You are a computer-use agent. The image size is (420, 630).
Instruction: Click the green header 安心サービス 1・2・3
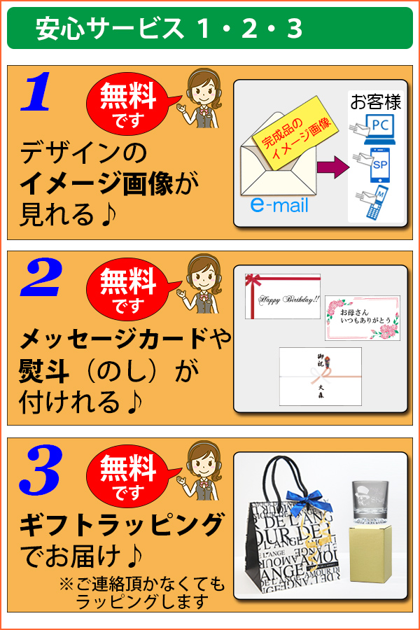[x=210, y=28]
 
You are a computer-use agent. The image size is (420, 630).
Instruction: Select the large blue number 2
[x=42, y=279]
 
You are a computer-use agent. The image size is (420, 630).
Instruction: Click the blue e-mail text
[x=279, y=206]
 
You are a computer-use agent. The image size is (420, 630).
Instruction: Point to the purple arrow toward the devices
[x=332, y=167]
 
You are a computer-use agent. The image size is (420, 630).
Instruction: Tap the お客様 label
[x=375, y=103]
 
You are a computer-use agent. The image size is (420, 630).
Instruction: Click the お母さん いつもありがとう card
[x=362, y=317]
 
